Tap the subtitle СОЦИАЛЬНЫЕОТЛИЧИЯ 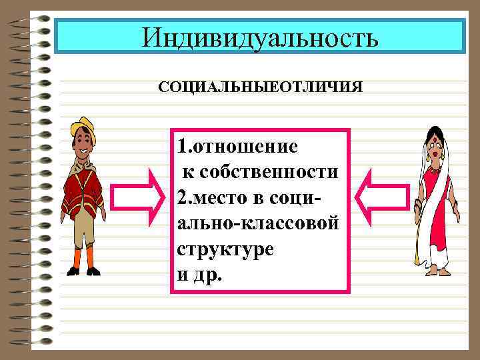[260, 87]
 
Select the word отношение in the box [246, 145]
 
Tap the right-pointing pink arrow [137, 196]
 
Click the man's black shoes [83, 271]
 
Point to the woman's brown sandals [433, 270]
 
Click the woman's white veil [448, 160]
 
